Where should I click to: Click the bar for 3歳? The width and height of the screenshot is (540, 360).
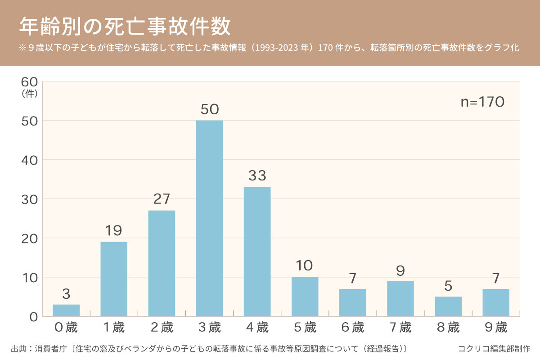pos(209,218)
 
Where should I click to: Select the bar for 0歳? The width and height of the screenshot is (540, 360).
pos(66,310)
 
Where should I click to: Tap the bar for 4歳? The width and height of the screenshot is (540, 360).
pos(257,251)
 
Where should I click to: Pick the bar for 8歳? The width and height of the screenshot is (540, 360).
pos(448,306)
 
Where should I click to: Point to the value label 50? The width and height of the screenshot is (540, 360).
pos(209,109)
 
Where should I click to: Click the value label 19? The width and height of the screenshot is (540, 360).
pos(113,231)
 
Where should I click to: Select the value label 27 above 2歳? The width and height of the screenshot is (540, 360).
pos(162,199)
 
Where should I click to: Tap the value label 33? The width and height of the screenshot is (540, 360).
pos(257,175)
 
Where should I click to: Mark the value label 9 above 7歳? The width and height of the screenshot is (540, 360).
pos(400,270)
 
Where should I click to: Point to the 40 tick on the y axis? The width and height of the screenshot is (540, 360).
pos(29,160)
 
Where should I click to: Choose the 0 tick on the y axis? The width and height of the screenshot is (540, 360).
pos(33,317)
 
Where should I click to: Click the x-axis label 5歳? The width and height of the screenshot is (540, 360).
pos(305,328)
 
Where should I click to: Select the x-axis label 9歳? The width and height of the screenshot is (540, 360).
pos(496,328)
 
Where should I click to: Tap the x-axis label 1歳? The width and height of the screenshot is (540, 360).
pos(113,328)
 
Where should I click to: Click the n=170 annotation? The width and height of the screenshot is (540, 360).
pos(482,102)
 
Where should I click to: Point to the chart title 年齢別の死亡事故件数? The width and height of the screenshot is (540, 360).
pos(125,27)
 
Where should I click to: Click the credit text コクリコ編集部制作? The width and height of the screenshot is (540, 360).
pos(494,348)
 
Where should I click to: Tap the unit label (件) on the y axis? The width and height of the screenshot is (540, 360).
pos(29,94)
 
